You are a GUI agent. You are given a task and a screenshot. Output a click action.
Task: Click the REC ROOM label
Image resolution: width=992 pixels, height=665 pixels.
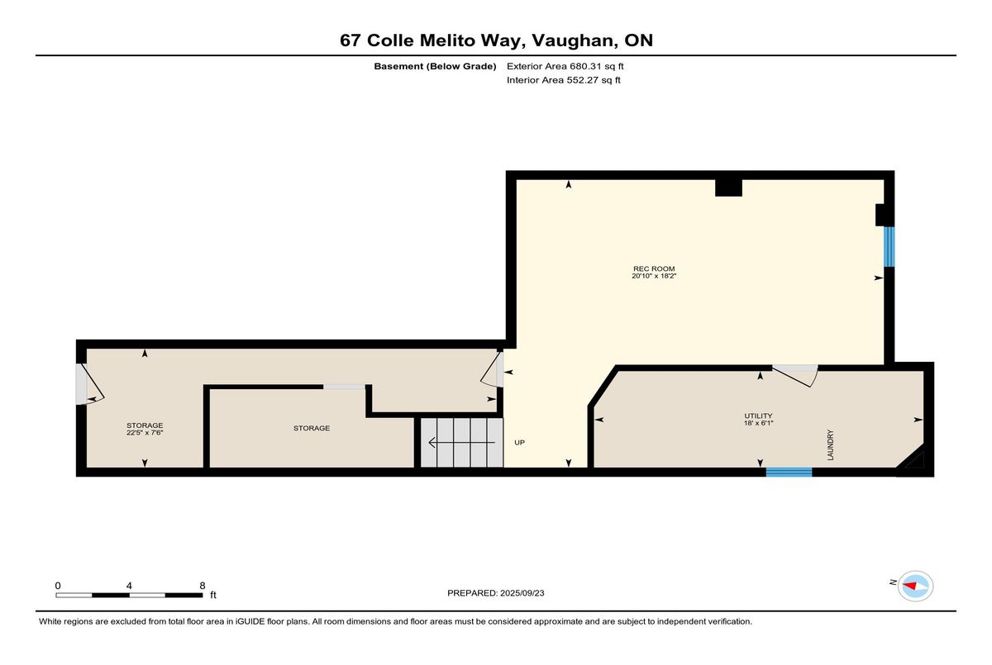coord(654,268)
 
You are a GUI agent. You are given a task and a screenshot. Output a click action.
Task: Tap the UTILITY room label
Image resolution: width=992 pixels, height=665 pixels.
coord(758,416)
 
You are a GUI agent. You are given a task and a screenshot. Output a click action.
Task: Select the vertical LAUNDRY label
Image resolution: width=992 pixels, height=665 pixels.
coord(830,444)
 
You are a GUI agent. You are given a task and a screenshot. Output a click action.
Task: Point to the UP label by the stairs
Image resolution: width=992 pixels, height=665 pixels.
coord(519,443)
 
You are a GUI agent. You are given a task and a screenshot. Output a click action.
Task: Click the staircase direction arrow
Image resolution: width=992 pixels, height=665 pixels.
coord(461,443)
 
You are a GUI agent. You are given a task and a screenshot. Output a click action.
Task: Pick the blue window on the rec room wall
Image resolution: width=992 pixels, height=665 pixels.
coord(889,247)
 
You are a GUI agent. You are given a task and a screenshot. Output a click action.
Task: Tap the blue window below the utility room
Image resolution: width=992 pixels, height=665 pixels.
coord(789,472)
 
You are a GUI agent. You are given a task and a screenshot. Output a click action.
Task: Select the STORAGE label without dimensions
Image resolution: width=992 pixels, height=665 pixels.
coord(312,428)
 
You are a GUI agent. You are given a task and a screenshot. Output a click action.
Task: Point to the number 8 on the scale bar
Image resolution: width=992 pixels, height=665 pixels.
coord(203,586)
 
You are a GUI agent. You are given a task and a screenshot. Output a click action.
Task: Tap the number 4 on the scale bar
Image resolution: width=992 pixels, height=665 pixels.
coord(129,586)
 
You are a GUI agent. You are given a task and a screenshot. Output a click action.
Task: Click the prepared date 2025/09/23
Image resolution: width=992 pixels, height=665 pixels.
coord(522,593)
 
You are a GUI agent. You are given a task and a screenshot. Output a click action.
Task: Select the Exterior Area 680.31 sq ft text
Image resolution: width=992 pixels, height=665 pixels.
coord(565,66)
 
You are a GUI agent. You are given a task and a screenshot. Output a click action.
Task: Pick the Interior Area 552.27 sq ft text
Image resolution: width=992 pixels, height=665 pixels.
coord(563,80)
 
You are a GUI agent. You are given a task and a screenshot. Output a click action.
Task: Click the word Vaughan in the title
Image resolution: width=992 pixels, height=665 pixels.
coord(574,41)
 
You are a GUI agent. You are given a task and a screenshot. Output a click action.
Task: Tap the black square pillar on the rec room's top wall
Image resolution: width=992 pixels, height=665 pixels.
coord(728,188)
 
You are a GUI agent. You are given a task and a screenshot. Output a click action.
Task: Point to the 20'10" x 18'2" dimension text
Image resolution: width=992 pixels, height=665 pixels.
coord(654,276)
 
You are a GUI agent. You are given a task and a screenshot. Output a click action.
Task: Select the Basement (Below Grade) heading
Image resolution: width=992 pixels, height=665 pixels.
coord(435,66)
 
